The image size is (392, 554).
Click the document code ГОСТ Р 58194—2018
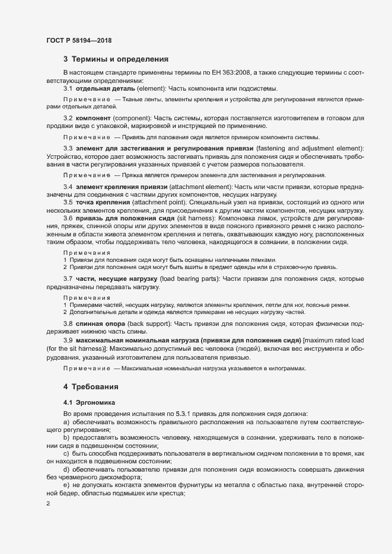(79, 40)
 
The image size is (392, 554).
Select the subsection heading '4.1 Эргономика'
(84, 403)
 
